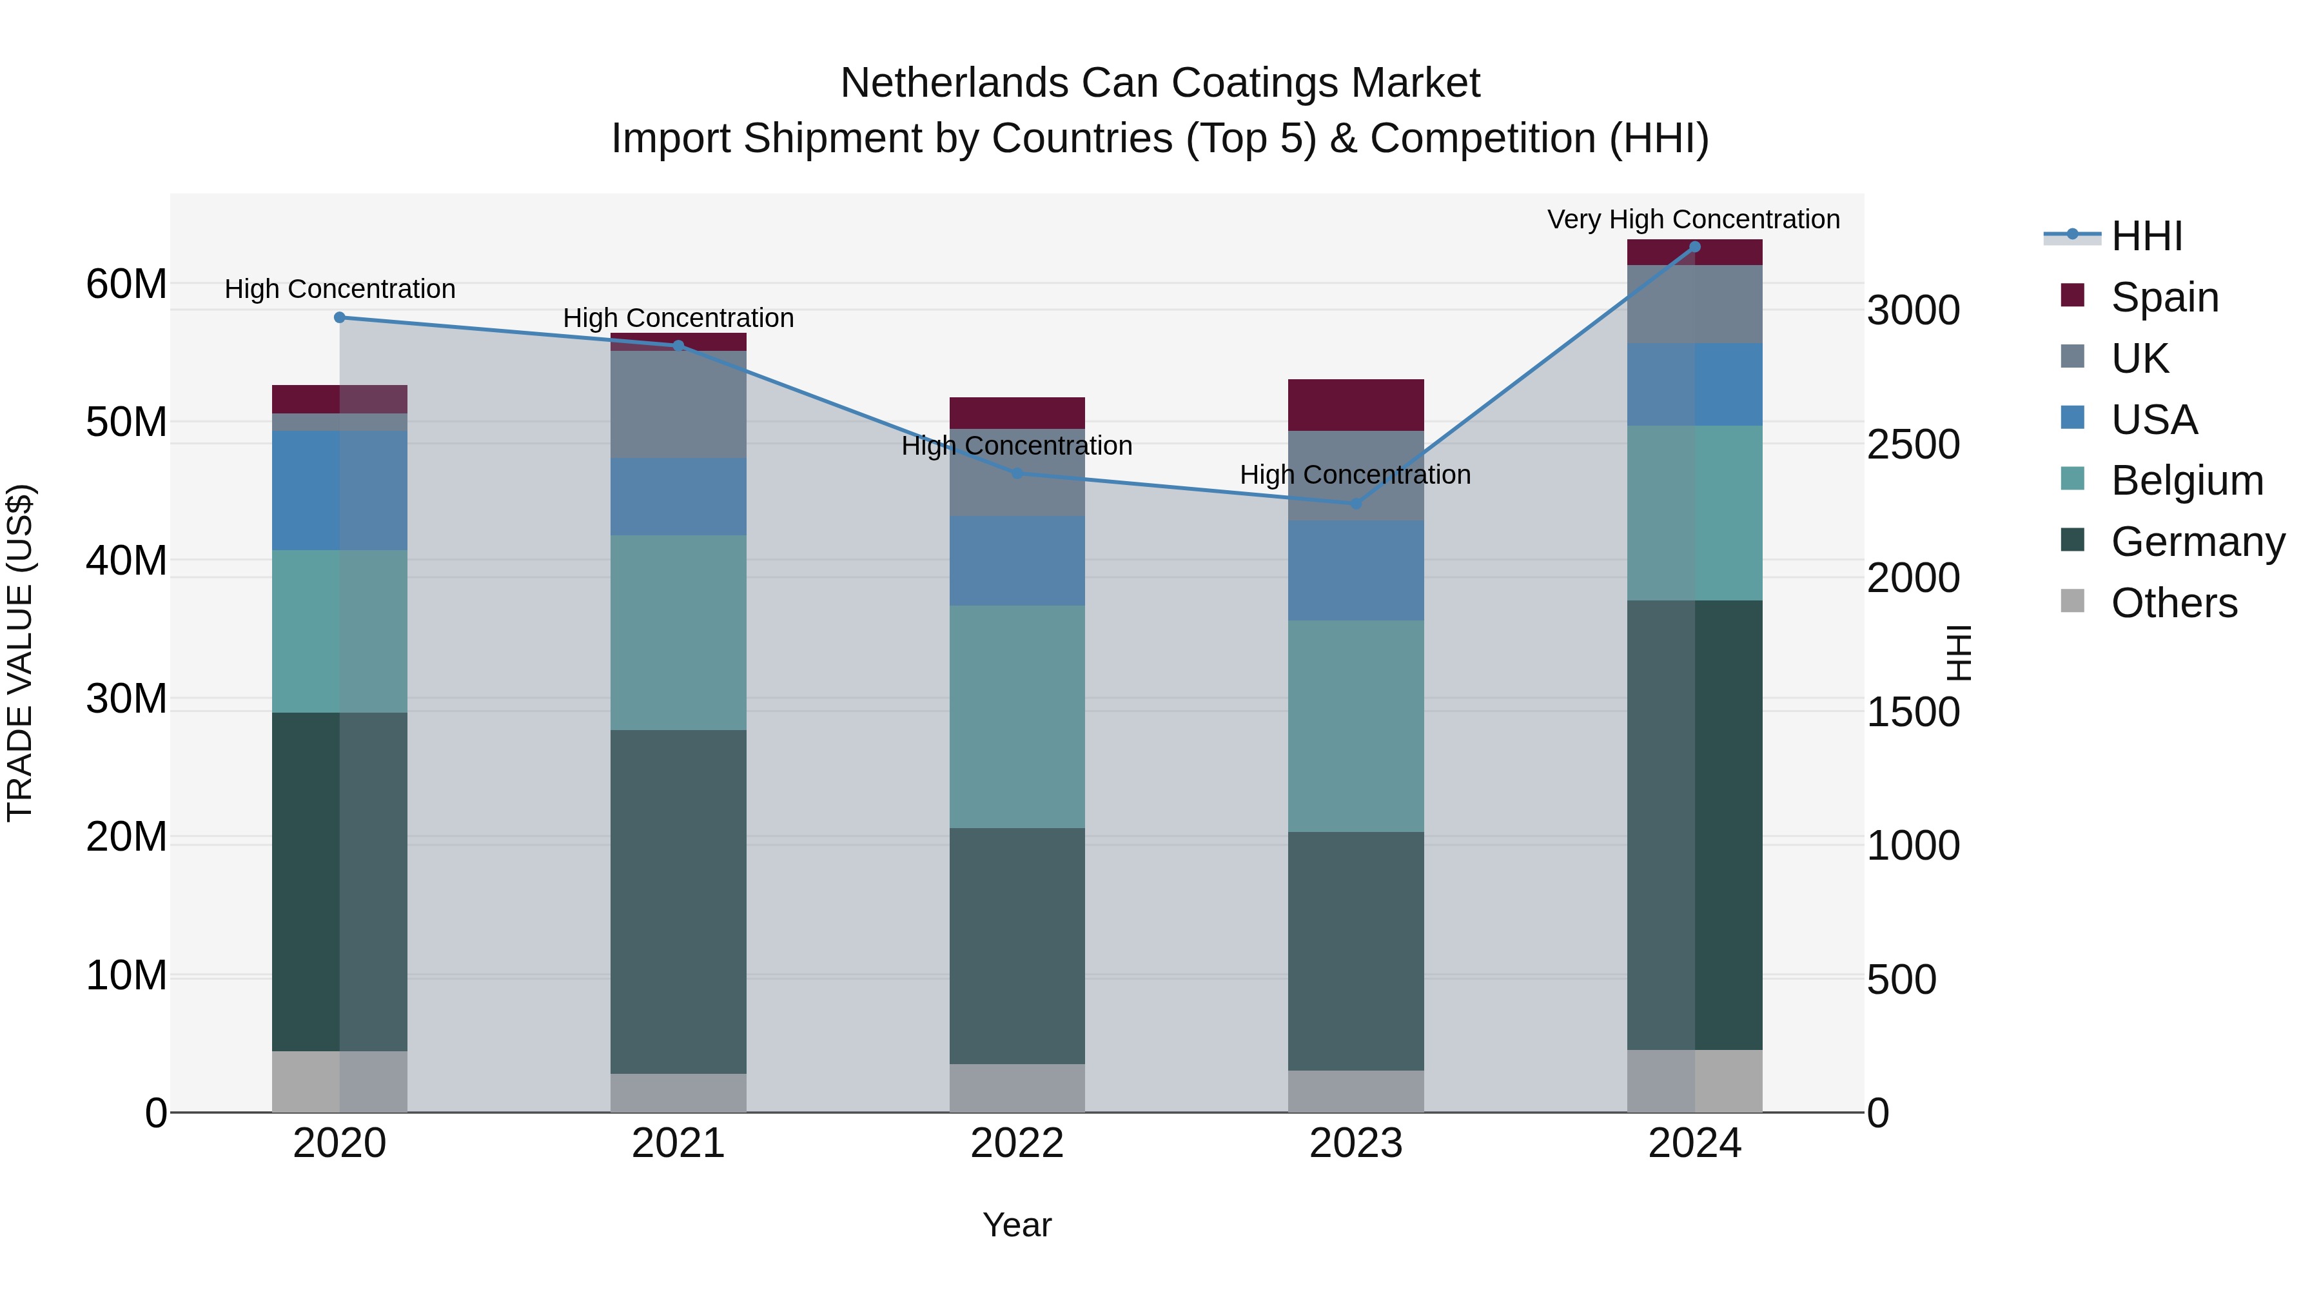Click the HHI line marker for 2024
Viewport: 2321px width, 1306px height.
tap(1694, 247)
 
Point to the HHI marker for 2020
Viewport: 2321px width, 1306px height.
tap(340, 317)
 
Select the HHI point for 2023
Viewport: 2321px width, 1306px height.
tap(1355, 504)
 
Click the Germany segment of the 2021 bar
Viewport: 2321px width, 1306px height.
tap(678, 902)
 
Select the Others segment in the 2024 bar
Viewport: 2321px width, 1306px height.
tap(1694, 1081)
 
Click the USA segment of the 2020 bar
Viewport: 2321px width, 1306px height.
tap(340, 490)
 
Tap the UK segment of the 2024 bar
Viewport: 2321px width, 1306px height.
tap(1694, 304)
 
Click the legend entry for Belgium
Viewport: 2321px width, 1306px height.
tap(2187, 480)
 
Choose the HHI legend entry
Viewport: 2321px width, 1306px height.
tap(2146, 236)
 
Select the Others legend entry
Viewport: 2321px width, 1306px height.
tap(2173, 603)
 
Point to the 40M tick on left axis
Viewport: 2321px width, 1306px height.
tap(126, 560)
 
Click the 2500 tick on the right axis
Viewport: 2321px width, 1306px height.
tap(1912, 444)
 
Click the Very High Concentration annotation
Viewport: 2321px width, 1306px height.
tap(1693, 219)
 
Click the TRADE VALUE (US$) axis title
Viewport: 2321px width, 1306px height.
tap(20, 653)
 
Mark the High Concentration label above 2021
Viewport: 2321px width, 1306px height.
tap(678, 318)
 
